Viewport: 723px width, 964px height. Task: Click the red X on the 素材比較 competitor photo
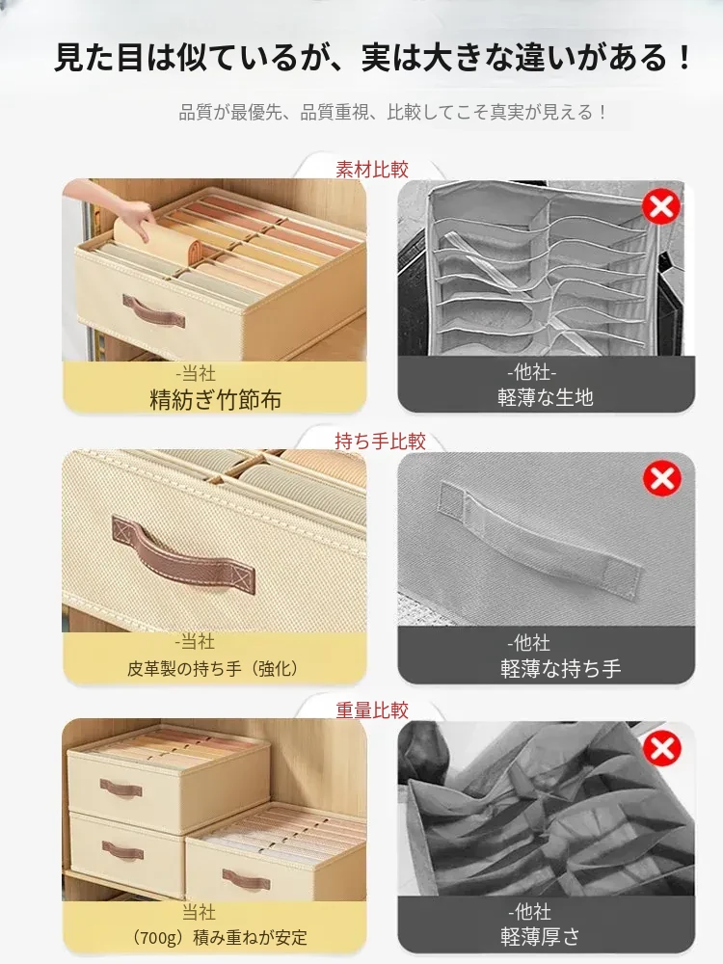(661, 206)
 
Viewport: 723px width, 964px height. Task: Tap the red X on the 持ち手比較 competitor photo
(662, 478)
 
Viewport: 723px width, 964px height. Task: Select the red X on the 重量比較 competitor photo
(661, 748)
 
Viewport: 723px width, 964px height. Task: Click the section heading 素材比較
(372, 169)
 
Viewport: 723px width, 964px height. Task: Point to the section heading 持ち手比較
(380, 441)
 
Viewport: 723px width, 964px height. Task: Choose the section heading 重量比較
(372, 710)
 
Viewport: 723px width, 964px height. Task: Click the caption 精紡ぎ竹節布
(215, 400)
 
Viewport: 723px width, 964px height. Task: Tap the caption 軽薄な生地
(546, 397)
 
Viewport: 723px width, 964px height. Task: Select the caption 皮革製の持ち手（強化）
(213, 668)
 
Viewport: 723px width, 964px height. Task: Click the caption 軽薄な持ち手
(560, 668)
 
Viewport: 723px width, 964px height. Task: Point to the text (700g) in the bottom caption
(157, 938)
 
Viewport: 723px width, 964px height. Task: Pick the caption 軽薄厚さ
(540, 937)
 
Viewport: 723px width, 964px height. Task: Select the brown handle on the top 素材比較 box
(153, 310)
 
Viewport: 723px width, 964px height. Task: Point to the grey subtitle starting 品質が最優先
(393, 112)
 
